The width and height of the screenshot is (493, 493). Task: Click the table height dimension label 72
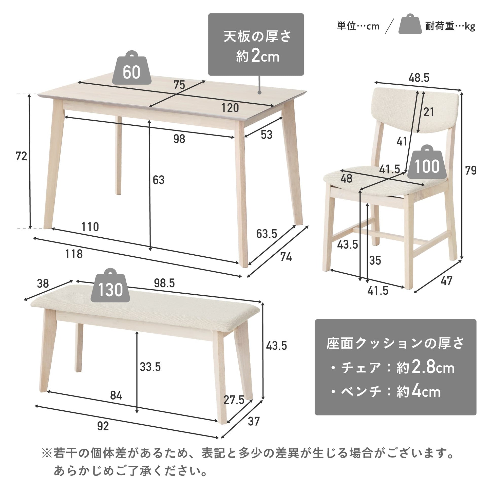tap(21, 156)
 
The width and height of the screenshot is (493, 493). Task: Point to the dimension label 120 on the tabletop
tap(230, 108)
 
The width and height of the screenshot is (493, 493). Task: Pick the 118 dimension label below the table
tap(74, 254)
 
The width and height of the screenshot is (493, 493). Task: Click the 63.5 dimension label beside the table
tap(267, 234)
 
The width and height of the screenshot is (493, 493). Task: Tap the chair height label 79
tap(471, 170)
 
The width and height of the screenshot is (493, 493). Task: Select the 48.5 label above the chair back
tap(419, 78)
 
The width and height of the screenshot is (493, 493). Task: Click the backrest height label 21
tap(428, 112)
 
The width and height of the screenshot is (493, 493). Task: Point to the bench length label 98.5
tap(164, 283)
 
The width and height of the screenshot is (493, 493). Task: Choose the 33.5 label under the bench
tap(150, 367)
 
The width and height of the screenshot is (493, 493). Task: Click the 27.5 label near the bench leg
tap(234, 400)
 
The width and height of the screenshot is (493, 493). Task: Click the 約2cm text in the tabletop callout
tap(257, 56)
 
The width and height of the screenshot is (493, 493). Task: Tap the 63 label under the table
tap(159, 180)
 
